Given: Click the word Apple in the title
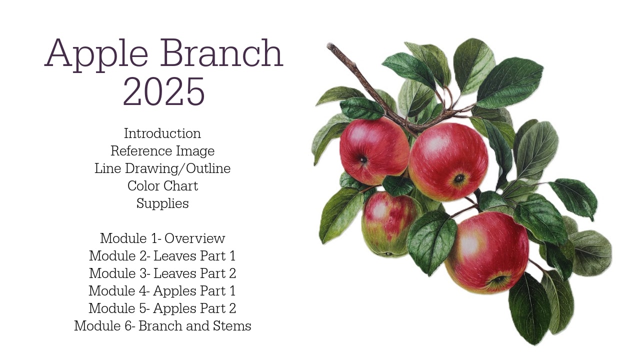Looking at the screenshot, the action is (x=96, y=54).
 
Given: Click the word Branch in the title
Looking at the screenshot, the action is (x=221, y=52).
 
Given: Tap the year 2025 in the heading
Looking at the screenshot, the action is (x=163, y=91).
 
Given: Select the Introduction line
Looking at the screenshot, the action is (x=162, y=133).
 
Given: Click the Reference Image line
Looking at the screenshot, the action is (x=162, y=151).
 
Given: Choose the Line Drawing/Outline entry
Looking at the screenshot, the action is (x=162, y=168).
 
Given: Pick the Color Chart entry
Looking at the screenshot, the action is (x=162, y=186).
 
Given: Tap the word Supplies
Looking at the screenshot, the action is (x=162, y=203).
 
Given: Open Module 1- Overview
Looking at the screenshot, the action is (x=162, y=238).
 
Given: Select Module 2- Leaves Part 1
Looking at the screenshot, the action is (x=162, y=255).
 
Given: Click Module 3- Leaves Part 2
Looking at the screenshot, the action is (x=162, y=273).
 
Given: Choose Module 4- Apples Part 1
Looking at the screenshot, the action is (x=162, y=291).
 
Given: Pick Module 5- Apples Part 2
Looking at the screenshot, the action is (x=162, y=308).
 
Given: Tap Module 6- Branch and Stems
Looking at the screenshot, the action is (x=162, y=326).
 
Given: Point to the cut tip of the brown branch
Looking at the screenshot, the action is (x=330, y=46).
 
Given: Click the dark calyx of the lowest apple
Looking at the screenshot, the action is (x=498, y=279).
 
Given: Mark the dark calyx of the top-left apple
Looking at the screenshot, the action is (x=363, y=159).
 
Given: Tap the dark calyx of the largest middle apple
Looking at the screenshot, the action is (x=459, y=178).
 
